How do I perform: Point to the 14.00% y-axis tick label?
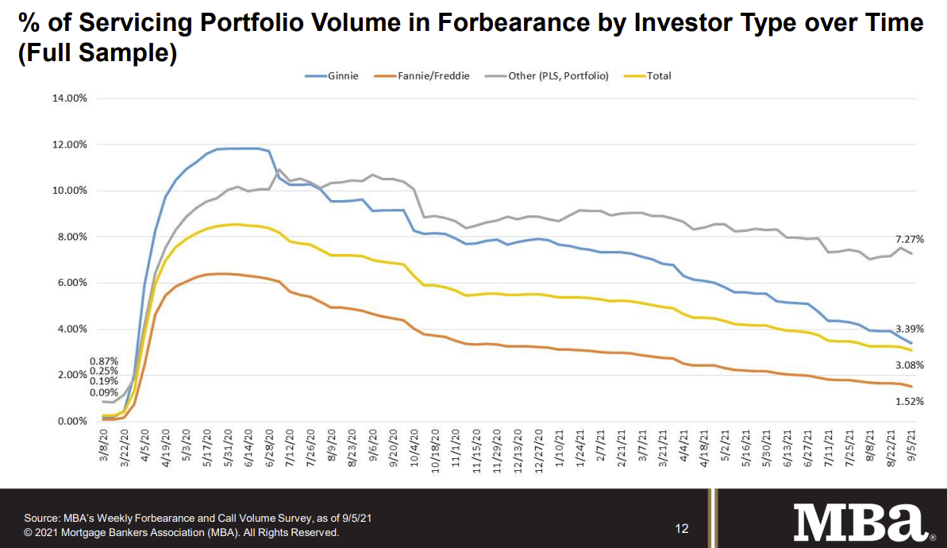[69, 99]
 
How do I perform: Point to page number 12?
[682, 529]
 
